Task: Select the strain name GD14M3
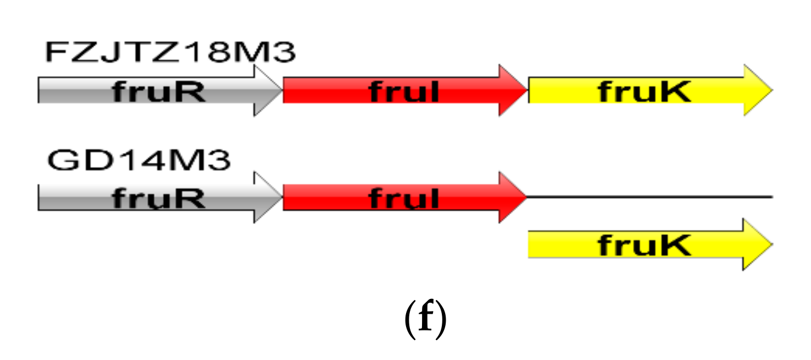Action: click(139, 161)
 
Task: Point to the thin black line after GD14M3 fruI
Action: click(649, 197)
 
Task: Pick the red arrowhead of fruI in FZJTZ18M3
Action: click(512, 91)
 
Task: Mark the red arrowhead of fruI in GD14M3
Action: click(512, 197)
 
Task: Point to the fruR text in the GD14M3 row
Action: click(159, 198)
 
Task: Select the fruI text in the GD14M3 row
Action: click(404, 198)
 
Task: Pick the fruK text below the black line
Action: click(644, 245)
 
